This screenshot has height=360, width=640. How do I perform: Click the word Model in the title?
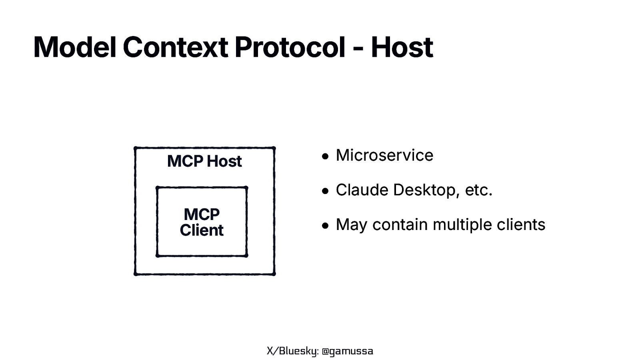[74, 47]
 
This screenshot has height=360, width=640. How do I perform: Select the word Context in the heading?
[175, 47]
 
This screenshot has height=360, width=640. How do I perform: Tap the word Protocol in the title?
[290, 47]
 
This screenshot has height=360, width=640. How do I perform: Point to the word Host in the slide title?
[402, 47]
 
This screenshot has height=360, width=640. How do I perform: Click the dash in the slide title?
[358, 49]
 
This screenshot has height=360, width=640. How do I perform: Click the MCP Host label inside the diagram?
[204, 161]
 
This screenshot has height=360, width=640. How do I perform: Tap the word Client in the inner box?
[202, 230]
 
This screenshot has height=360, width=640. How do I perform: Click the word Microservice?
[384, 155]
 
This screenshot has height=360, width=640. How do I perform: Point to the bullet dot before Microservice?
[325, 156]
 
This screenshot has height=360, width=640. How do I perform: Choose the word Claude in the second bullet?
[362, 190]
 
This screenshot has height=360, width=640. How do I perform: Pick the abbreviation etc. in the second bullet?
[478, 190]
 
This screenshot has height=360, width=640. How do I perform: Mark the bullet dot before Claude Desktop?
[325, 191]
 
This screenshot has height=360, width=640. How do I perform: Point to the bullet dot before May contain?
[325, 226]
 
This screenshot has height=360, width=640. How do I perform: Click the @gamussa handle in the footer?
[347, 351]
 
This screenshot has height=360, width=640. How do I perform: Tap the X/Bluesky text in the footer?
[292, 351]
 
